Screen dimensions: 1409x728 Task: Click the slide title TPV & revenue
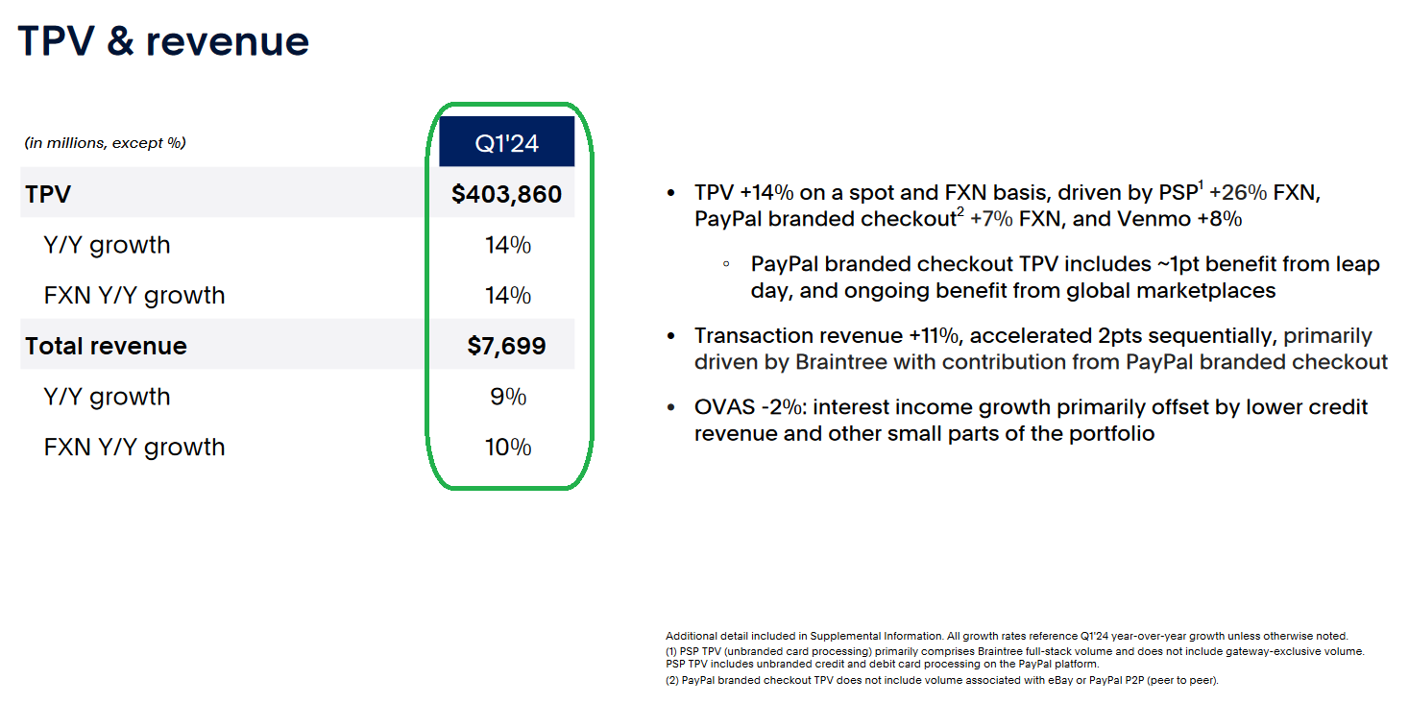coord(163,41)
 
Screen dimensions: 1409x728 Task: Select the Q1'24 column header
coord(506,141)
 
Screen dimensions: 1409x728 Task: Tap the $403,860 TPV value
coord(506,194)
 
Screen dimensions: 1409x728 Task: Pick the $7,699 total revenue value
coord(506,346)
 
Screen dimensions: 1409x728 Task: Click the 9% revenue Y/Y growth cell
coord(508,397)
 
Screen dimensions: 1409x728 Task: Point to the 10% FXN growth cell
coord(508,447)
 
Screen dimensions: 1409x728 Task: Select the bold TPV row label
coord(48,194)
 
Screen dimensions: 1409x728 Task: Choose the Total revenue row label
coord(106,346)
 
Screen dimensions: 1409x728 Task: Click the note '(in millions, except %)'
coord(105,143)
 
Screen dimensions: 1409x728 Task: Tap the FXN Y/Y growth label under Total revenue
coord(134,447)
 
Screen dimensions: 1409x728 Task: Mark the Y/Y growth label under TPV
coord(107,245)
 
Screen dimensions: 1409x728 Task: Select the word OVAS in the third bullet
coord(724,407)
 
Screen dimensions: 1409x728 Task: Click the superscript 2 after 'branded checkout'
coord(960,212)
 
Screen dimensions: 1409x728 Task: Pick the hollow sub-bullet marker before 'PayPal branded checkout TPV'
coord(726,264)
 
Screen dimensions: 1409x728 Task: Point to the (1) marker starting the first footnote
coord(671,651)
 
